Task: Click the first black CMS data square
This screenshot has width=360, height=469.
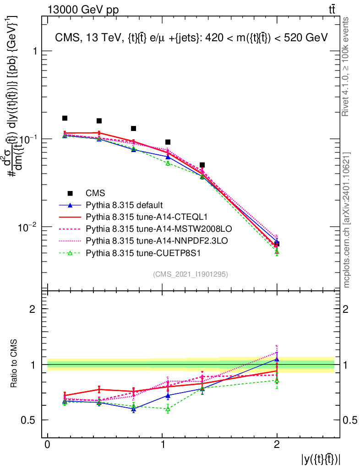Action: coord(65,118)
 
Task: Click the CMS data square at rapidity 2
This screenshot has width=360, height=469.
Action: coord(277,244)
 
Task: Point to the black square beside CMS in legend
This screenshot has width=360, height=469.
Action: coord(70,193)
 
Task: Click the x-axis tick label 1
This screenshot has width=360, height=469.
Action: coord(162,445)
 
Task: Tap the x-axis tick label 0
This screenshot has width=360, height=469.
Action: coord(47,445)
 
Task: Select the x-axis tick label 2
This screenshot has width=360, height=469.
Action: coord(277,445)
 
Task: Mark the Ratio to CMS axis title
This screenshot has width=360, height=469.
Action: coord(14,365)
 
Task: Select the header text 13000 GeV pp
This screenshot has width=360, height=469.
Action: coord(83,9)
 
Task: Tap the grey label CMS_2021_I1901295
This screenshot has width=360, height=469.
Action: coord(190,274)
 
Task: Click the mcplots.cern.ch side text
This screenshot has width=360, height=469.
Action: coord(347,220)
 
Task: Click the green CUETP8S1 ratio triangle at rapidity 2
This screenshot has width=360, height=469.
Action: coord(277,380)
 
